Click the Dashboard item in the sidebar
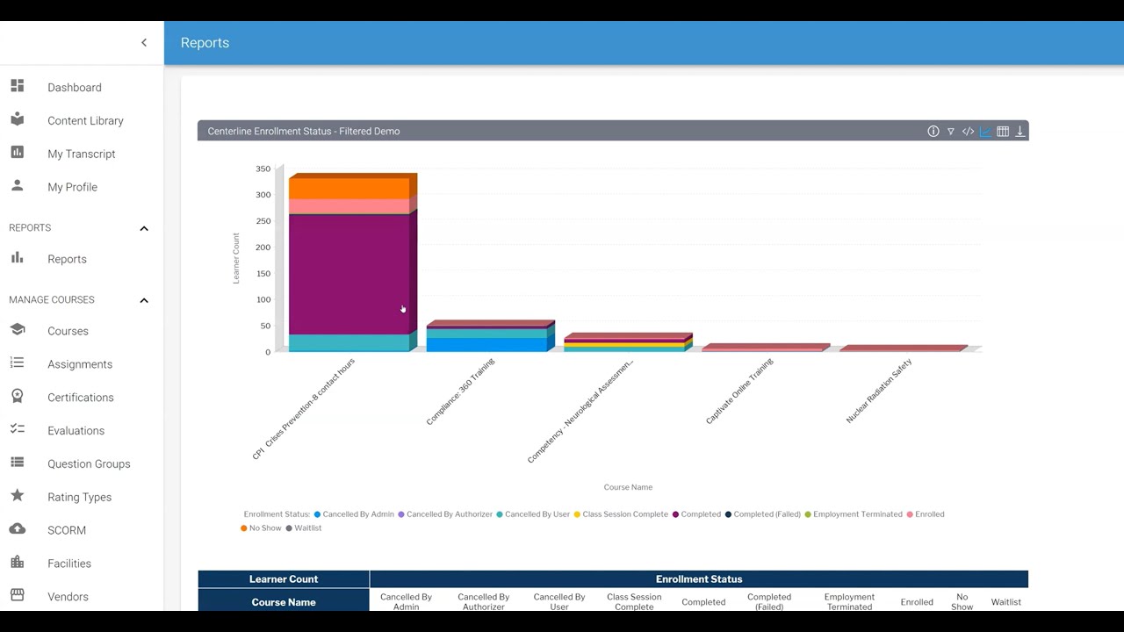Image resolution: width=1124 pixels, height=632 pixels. point(74,88)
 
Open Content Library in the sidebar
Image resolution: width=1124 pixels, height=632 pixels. point(85,121)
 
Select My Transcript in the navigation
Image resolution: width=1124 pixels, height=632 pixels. point(81,154)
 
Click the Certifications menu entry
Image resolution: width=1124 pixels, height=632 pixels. point(80,398)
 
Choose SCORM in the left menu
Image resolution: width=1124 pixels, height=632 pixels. point(66,530)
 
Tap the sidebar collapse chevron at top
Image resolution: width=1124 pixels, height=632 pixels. point(144,43)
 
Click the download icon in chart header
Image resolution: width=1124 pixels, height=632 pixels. point(1020,132)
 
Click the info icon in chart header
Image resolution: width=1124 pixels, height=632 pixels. point(933,132)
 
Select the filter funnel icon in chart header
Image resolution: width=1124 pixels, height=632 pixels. point(950,132)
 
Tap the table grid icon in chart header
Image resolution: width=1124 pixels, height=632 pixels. point(1002,132)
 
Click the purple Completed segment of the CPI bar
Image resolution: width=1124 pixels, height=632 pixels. point(349,272)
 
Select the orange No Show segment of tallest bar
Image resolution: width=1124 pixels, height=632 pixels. point(349,188)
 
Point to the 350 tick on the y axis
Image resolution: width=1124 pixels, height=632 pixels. point(263,169)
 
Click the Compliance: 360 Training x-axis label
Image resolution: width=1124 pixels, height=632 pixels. point(461,391)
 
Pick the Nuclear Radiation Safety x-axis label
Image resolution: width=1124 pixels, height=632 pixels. point(879,391)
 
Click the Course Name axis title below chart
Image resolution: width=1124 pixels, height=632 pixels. point(628,487)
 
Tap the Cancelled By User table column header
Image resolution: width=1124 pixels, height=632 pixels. point(559,602)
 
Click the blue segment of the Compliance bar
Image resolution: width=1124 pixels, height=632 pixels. point(486,345)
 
